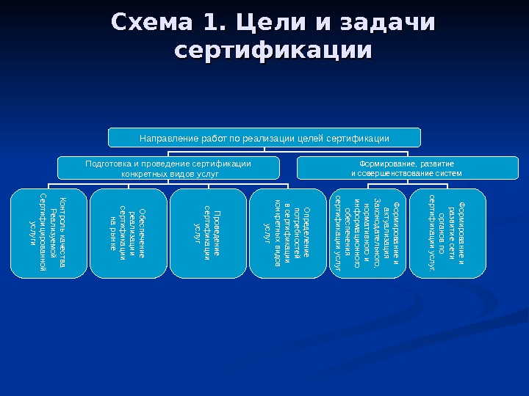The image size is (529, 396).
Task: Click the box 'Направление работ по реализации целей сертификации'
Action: point(264,138)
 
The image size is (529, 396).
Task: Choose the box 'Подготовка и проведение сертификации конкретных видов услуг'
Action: point(168,169)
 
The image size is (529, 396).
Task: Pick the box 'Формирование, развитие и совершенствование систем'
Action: point(406,169)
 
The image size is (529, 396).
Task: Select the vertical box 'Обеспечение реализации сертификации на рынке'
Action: point(128,233)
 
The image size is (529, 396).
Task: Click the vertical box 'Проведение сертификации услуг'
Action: point(207,233)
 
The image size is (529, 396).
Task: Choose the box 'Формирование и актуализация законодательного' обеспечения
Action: point(367,233)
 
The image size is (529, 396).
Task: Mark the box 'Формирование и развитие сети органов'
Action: point(447,233)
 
